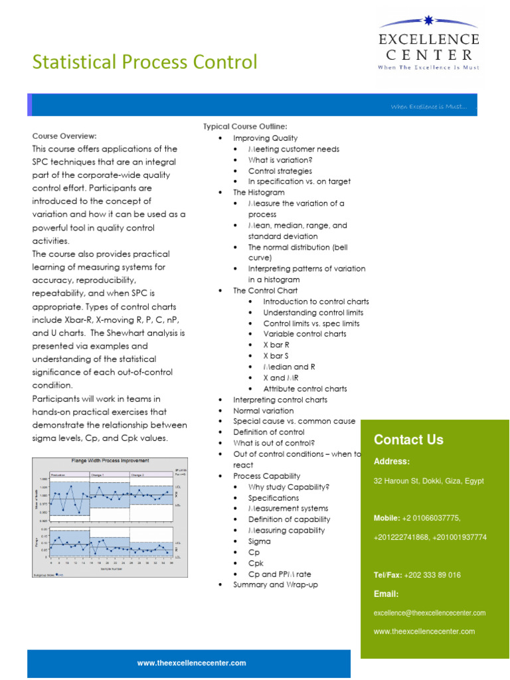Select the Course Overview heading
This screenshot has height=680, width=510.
pos(64,135)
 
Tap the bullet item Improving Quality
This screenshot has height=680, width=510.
pos(265,138)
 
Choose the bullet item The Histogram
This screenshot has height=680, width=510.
pos(258,192)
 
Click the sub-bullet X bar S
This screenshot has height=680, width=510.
pos(276,356)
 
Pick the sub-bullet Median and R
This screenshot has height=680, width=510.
pos(289,367)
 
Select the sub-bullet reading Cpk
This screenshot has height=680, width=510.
pos(256,563)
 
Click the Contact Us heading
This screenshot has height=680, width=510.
pos(408,440)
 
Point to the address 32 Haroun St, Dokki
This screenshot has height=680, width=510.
pos(428,481)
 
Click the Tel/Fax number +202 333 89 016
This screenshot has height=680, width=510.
pos(432,575)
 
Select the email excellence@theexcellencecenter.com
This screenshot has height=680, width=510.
pos(430,613)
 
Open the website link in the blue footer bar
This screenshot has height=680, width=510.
pos(191,663)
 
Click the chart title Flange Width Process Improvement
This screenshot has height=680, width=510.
pos(110,460)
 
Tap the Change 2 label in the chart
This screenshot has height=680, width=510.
pos(138,475)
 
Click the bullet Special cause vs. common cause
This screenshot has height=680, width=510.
pos(294,421)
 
